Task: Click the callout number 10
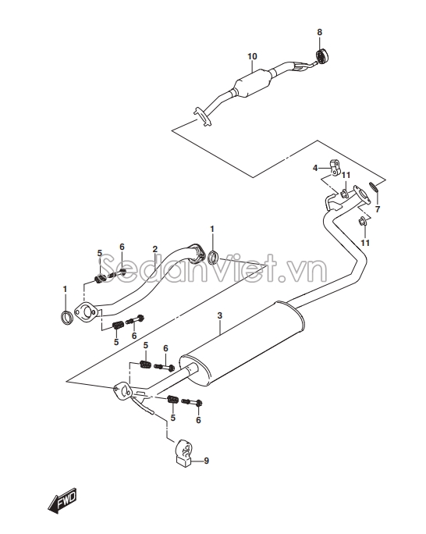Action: [252, 56]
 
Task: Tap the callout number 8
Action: [320, 32]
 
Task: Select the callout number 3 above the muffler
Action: [220, 315]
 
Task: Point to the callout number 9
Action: [206, 461]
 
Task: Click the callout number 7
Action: [378, 209]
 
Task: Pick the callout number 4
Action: [315, 168]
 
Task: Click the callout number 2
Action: [155, 249]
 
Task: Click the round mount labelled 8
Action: [321, 56]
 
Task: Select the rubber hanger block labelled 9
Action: [183, 453]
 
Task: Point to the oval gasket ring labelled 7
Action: [374, 186]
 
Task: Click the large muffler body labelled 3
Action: [242, 344]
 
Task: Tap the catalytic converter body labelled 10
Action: [253, 84]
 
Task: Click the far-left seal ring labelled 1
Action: [66, 317]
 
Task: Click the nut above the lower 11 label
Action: [363, 222]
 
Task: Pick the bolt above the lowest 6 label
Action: [192, 402]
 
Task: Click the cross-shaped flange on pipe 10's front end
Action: [202, 117]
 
